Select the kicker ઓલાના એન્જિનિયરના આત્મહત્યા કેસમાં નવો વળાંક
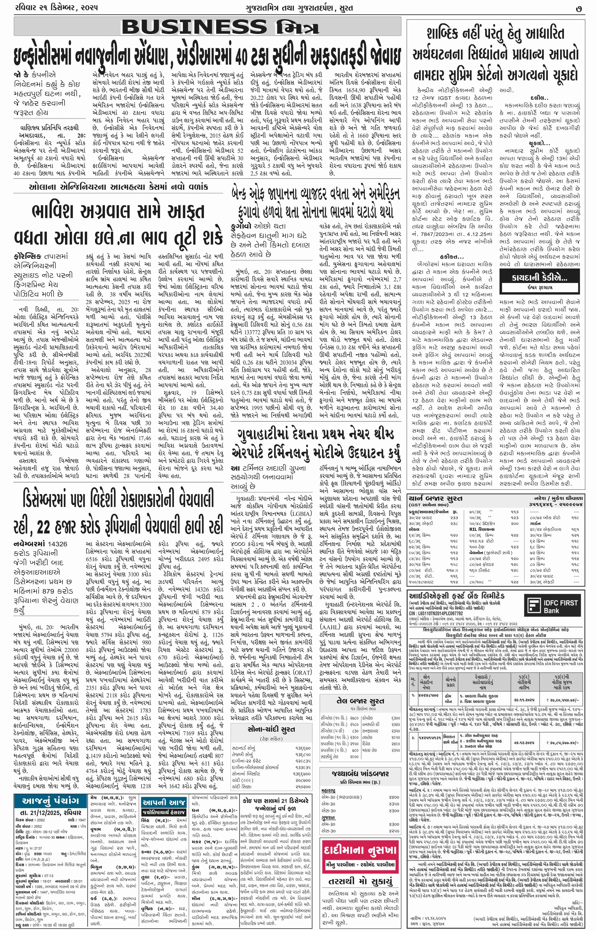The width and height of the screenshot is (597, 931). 118,187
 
